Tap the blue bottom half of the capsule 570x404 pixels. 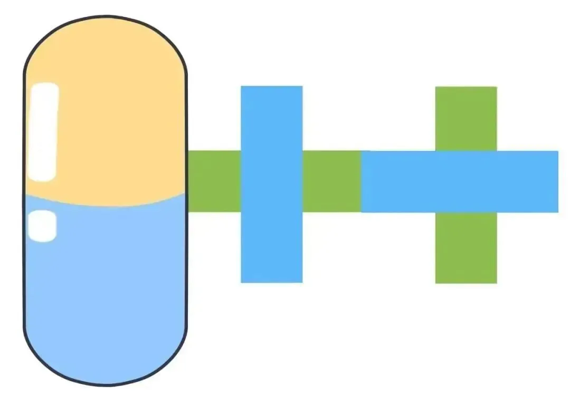pos(106,285)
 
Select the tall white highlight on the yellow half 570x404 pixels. pos(44,132)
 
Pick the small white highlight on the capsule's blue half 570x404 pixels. pos(42,226)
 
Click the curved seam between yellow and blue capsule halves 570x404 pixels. pos(106,205)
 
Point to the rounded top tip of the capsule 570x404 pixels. pos(105,18)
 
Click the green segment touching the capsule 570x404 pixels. pos(214,181)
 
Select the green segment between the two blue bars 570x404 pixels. pos(331,181)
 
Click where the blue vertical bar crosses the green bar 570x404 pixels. pos(271,181)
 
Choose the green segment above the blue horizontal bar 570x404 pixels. pos(465,119)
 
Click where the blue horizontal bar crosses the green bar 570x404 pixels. pos(465,181)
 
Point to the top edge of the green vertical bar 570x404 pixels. pos(465,88)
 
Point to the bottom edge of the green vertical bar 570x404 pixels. pos(465,282)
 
